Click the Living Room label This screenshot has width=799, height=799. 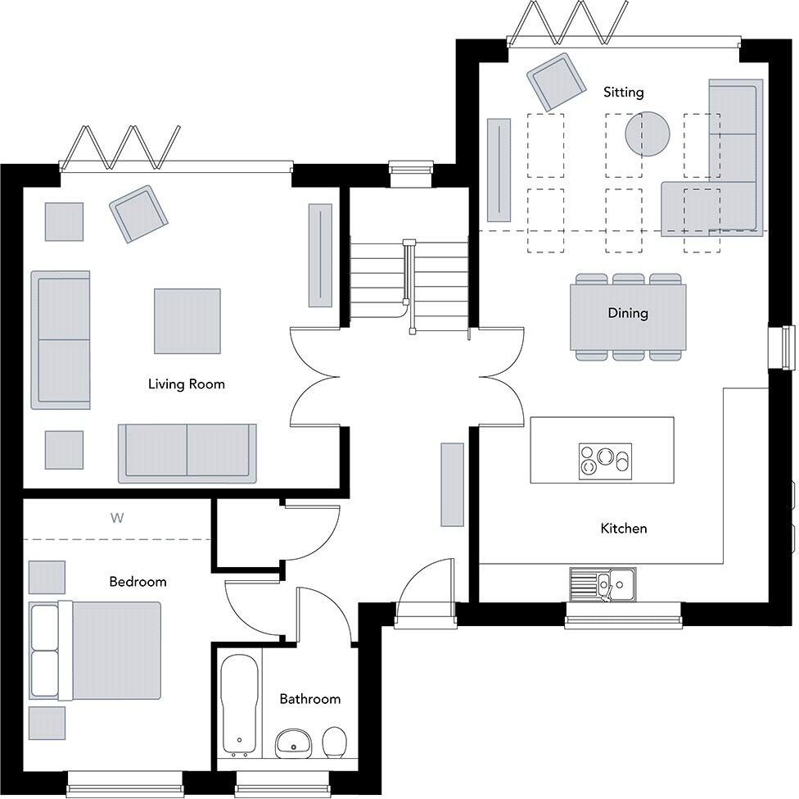tap(186, 384)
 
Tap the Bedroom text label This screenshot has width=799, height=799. tap(138, 582)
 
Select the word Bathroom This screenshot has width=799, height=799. tap(309, 699)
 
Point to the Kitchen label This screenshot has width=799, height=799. tap(623, 529)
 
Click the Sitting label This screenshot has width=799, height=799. tap(623, 93)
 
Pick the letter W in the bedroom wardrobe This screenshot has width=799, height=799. tap(116, 518)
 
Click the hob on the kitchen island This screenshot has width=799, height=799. tap(605, 461)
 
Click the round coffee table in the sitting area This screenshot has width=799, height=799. tap(648, 133)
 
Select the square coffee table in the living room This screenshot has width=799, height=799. tap(187, 320)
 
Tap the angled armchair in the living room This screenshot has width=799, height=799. tap(138, 214)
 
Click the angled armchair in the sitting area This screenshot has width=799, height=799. tap(557, 82)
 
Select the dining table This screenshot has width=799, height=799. tap(628, 316)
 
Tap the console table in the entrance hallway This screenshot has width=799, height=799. tap(452, 484)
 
